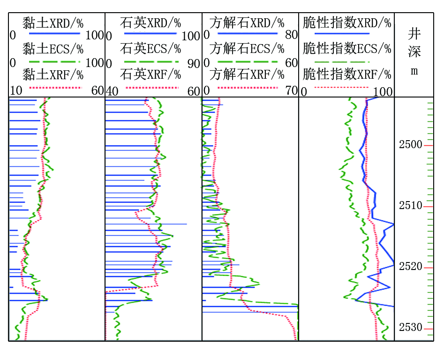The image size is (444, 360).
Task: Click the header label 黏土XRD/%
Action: [53, 23]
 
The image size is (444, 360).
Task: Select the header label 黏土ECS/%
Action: [53, 49]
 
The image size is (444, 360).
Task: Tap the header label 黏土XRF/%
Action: [53, 75]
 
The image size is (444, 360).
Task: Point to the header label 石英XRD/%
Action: [151, 23]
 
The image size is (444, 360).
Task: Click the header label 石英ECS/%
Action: [151, 49]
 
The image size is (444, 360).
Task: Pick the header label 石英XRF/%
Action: [151, 75]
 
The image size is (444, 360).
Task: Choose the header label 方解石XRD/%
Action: [247, 23]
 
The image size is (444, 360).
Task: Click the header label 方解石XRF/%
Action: [247, 75]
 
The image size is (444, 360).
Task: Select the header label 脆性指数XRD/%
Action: [347, 23]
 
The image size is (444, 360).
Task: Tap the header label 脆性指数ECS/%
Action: [347, 48]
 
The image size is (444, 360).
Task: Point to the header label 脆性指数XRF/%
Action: [347, 75]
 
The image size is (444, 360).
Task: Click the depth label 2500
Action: [411, 145]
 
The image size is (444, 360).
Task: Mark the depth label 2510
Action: [411, 205]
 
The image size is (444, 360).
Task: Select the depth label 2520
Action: [411, 267]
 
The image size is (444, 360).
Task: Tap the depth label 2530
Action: [411, 328]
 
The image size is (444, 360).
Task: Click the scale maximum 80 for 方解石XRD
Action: [292, 35]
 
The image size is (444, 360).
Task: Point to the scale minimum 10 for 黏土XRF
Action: [16, 91]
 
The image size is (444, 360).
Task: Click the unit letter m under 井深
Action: [414, 71]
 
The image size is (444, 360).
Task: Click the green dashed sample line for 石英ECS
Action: [152, 62]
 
